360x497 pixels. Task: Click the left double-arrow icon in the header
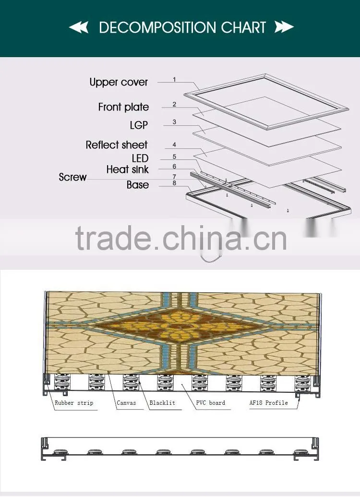[x=79, y=27]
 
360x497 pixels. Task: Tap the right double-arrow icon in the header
[x=284, y=27]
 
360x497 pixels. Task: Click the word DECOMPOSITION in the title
[x=157, y=27]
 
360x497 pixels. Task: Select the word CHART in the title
[x=243, y=27]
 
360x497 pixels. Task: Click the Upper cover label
[x=119, y=82]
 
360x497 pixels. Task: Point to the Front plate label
[x=123, y=107]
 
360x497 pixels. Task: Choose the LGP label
[x=139, y=125]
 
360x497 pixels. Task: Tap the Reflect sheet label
[x=117, y=145]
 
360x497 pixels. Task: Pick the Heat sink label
[x=127, y=169]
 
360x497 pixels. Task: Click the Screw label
[x=72, y=177]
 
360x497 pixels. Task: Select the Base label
[x=138, y=185]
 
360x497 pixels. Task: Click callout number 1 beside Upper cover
[x=174, y=79]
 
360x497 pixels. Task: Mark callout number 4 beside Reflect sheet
[x=174, y=145]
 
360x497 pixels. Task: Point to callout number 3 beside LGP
[x=174, y=122]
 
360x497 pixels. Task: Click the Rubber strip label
[x=74, y=403]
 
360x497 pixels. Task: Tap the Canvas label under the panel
[x=126, y=403]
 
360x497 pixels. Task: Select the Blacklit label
[x=162, y=403]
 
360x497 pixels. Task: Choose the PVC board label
[x=211, y=403]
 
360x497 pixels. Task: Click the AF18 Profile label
[x=269, y=403]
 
